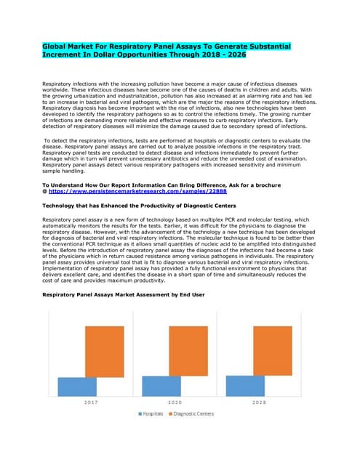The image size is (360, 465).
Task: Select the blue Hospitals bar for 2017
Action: point(77,387)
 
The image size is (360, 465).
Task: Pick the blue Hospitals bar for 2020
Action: point(161,386)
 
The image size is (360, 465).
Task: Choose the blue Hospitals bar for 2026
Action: point(245,386)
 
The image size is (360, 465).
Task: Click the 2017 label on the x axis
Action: point(91,401)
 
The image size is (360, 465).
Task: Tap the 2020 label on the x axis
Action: point(175,401)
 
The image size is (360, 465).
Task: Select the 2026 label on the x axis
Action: point(258,401)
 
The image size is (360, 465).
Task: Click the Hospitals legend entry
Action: point(152,413)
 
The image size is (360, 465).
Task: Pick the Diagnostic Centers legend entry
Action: point(192,413)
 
